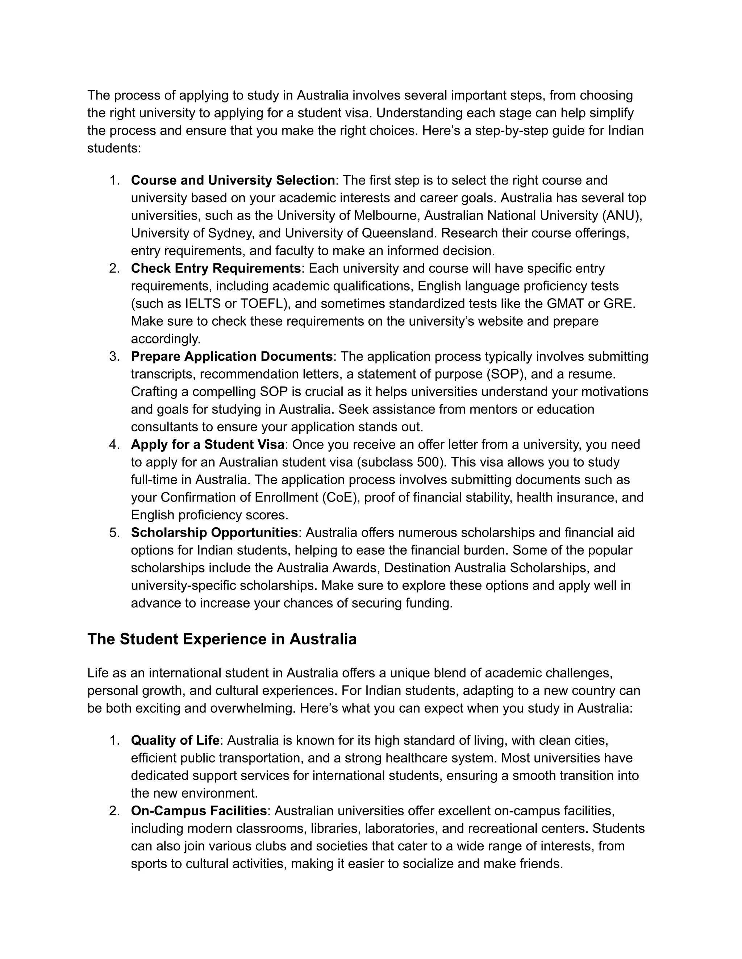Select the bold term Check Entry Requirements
tap(216, 268)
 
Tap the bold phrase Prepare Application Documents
tap(232, 356)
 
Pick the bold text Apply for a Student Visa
tap(208, 444)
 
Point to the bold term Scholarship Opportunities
tap(214, 532)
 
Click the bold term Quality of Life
tap(175, 740)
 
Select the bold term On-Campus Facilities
tap(199, 811)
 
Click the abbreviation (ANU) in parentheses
tap(622, 216)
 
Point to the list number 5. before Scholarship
tap(114, 532)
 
